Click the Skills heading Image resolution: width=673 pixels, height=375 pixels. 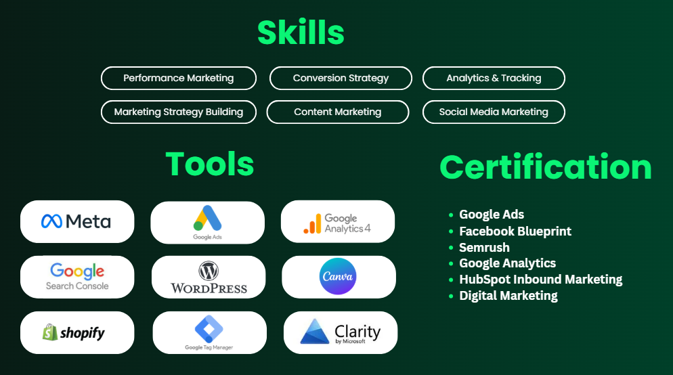(x=301, y=32)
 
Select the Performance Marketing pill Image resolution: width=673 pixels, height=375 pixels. (x=179, y=78)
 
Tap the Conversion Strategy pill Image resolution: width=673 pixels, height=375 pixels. (x=341, y=78)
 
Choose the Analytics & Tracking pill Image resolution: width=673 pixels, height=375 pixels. (x=494, y=78)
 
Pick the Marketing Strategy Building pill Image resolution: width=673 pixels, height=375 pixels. (x=179, y=112)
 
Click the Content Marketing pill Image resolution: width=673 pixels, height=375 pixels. (x=338, y=112)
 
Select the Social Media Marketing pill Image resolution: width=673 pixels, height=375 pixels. (x=494, y=112)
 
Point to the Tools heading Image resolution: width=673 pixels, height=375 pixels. (x=210, y=164)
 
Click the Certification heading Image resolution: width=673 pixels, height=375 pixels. (x=546, y=167)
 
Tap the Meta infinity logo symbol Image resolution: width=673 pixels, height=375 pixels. (x=52, y=221)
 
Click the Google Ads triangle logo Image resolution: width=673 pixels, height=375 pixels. (x=207, y=219)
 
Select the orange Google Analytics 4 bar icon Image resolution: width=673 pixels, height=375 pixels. (x=313, y=223)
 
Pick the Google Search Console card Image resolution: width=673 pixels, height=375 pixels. (x=77, y=277)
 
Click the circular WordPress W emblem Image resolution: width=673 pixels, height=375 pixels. (x=209, y=271)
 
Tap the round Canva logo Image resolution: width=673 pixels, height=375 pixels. (x=339, y=276)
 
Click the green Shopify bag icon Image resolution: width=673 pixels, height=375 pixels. (x=50, y=332)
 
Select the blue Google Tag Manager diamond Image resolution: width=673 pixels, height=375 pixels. (x=209, y=329)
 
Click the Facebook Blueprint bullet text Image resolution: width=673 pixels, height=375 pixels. (x=515, y=231)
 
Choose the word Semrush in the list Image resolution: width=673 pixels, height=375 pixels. (x=484, y=248)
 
